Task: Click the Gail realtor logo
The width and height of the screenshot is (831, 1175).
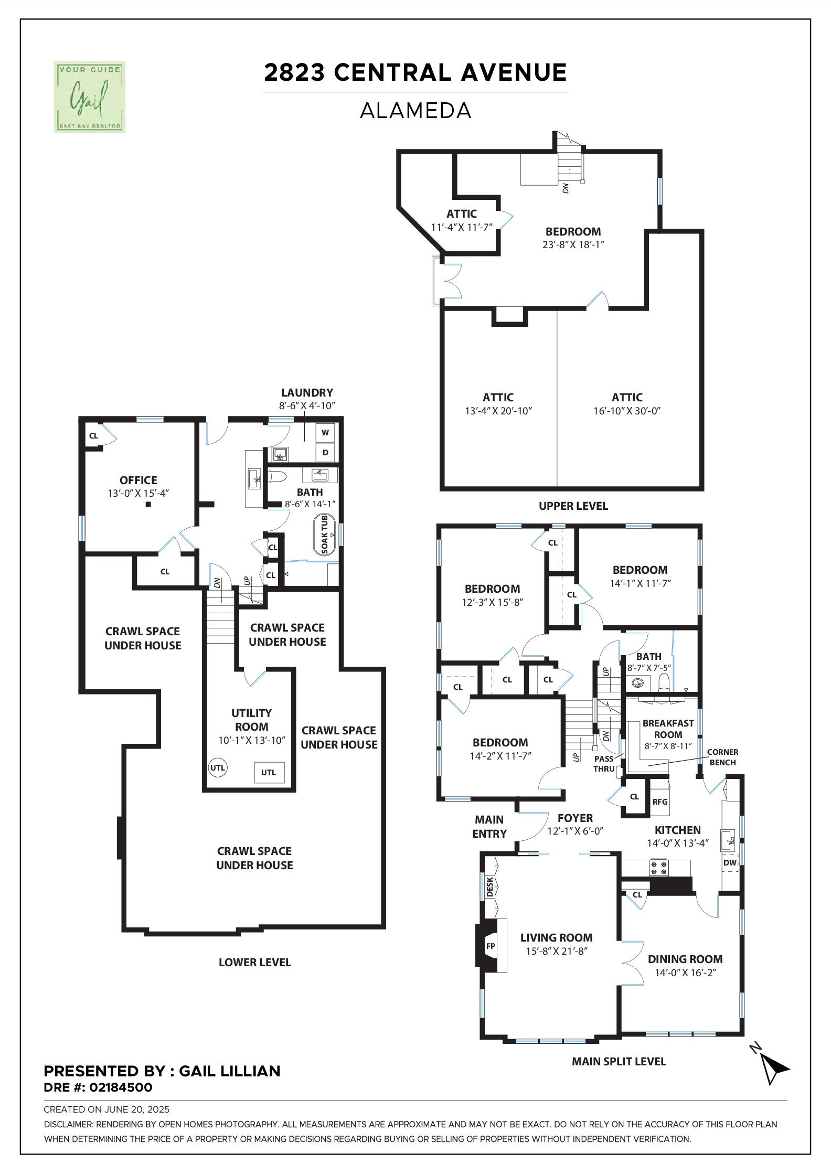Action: click(x=90, y=97)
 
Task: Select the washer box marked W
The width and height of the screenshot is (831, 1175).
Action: click(x=325, y=433)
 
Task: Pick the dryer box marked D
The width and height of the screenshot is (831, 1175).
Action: click(x=325, y=452)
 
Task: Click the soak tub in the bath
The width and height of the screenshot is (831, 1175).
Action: click(x=324, y=535)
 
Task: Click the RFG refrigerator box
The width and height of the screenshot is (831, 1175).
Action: click(x=660, y=801)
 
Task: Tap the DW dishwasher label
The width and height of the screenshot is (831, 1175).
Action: click(x=730, y=863)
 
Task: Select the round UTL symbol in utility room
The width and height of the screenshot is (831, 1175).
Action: click(x=217, y=768)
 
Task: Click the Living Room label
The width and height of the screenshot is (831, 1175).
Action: click(x=556, y=937)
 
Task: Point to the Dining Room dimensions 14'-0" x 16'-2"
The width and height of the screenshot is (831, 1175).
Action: click(x=685, y=973)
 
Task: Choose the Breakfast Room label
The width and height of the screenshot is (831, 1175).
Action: click(x=668, y=729)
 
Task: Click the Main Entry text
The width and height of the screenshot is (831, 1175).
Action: click(x=489, y=826)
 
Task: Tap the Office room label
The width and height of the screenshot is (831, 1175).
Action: click(x=138, y=480)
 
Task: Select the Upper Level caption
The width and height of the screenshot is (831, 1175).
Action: click(x=573, y=506)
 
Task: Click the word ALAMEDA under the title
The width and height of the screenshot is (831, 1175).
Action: click(x=415, y=111)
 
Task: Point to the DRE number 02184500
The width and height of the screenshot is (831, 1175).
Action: click(x=121, y=1087)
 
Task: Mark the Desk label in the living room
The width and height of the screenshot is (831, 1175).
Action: click(x=490, y=887)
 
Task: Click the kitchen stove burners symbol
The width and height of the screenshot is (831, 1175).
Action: click(x=659, y=868)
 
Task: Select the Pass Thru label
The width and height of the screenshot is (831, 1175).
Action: click(x=604, y=764)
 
